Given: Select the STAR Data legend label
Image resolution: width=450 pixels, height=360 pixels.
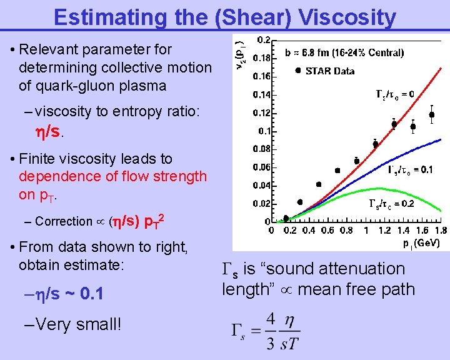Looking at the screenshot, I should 329,71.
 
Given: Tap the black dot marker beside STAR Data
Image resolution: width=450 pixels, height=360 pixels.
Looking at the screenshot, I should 297,70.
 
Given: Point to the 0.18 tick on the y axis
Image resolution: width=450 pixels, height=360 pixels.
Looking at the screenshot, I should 261,58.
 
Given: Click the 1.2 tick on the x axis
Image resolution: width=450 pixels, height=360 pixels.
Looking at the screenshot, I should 386,231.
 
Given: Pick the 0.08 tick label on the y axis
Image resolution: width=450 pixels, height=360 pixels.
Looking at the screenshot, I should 261,149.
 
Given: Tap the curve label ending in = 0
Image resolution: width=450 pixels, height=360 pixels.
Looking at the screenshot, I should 394,94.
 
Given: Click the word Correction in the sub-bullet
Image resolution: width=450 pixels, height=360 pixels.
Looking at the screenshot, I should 63,221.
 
